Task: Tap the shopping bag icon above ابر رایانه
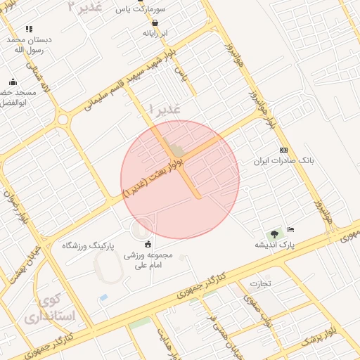click(x=155, y=22)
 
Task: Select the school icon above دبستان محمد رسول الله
click(x=29, y=29)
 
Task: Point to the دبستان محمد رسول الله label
click(x=28, y=45)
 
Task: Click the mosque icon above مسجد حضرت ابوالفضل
click(x=13, y=82)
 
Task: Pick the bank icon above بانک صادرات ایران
click(x=283, y=150)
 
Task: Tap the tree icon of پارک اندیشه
click(x=273, y=234)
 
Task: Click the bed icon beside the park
click(x=291, y=230)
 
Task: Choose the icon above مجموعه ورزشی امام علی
click(x=148, y=244)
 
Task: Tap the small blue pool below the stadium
click(x=104, y=297)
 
